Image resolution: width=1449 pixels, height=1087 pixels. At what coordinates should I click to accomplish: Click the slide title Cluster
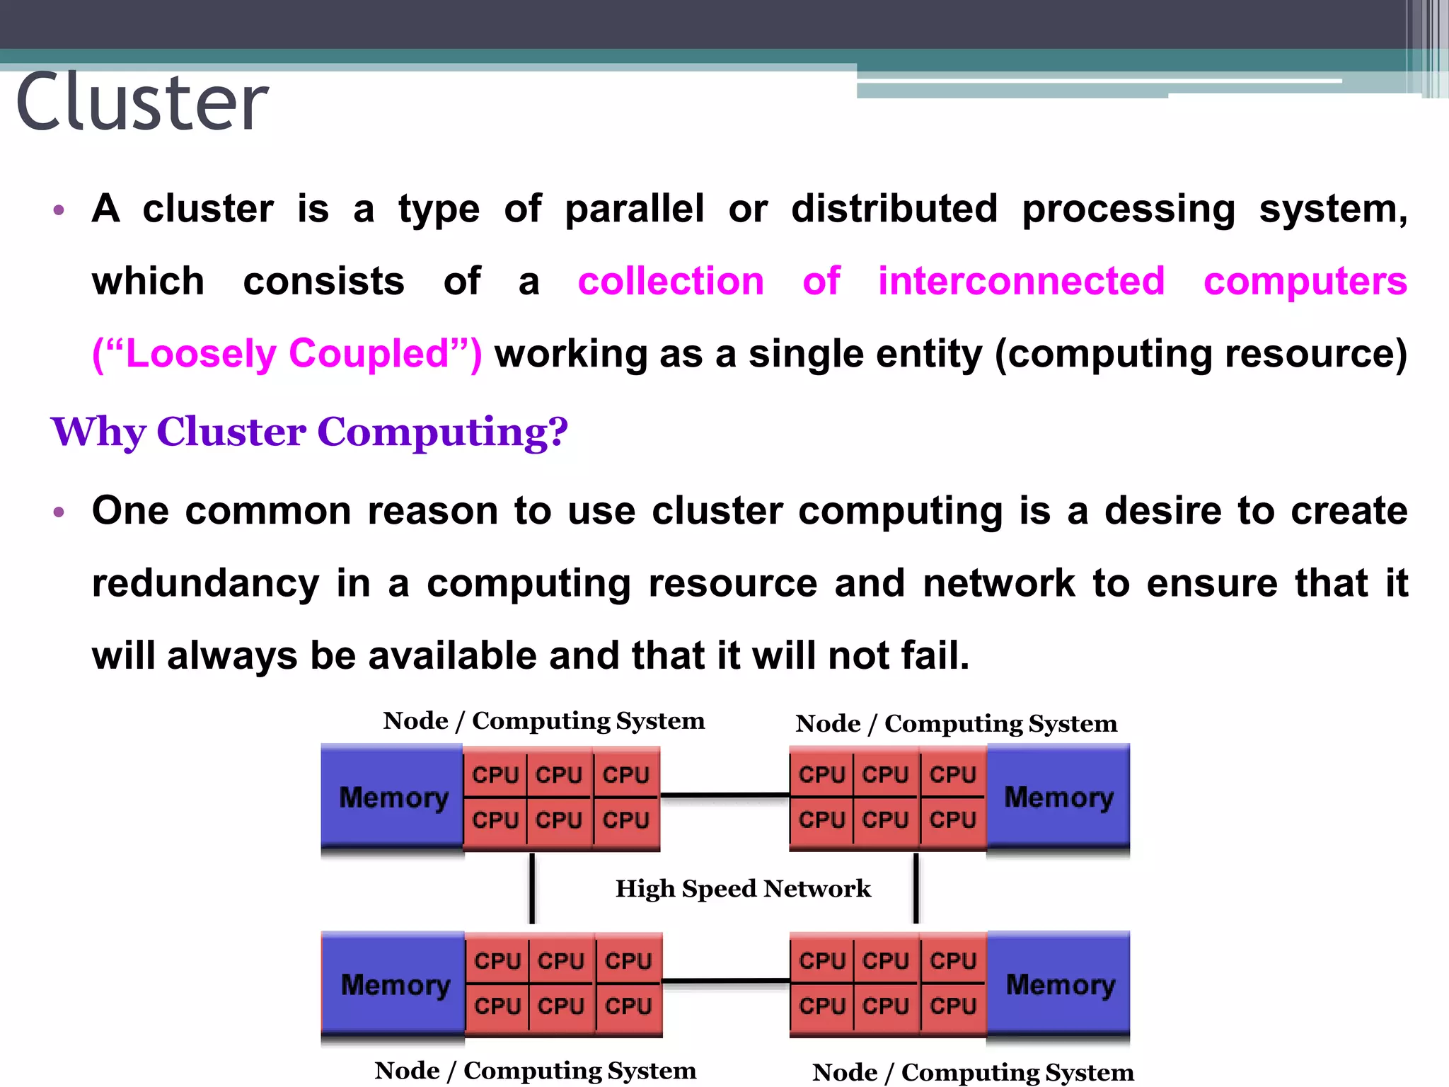[142, 103]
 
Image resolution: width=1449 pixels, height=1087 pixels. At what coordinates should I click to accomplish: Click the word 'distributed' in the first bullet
[894, 209]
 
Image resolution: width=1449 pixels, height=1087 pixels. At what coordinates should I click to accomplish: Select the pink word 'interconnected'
[1021, 281]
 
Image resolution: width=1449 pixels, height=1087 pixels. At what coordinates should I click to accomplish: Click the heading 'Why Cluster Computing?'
[309, 432]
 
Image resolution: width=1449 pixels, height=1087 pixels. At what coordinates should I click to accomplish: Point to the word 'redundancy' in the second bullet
[205, 584]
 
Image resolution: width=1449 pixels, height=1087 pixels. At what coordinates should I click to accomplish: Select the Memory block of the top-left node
[393, 798]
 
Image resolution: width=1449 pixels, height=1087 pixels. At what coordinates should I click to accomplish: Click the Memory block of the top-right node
[1058, 798]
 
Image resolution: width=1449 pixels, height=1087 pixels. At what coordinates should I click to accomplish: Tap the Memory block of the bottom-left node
[394, 984]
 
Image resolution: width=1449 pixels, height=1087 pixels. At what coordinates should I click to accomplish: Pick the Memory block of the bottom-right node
[1059, 984]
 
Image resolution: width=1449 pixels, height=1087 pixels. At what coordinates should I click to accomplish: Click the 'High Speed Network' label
[743, 889]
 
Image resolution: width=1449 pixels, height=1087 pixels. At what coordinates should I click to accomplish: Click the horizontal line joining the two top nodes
[724, 795]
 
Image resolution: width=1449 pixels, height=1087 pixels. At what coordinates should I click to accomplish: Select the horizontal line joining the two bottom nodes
[726, 982]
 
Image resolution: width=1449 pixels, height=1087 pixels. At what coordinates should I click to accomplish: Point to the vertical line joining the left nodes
[532, 889]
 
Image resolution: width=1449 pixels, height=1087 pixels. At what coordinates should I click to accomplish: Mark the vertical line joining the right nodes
[916, 889]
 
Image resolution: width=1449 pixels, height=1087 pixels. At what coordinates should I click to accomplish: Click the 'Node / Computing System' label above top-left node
[543, 721]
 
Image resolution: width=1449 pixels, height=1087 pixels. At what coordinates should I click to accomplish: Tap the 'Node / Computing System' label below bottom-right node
[973, 1073]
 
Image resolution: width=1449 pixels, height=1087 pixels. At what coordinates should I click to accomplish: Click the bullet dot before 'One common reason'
[59, 512]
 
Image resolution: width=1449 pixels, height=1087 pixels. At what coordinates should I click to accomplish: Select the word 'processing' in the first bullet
[1128, 210]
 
